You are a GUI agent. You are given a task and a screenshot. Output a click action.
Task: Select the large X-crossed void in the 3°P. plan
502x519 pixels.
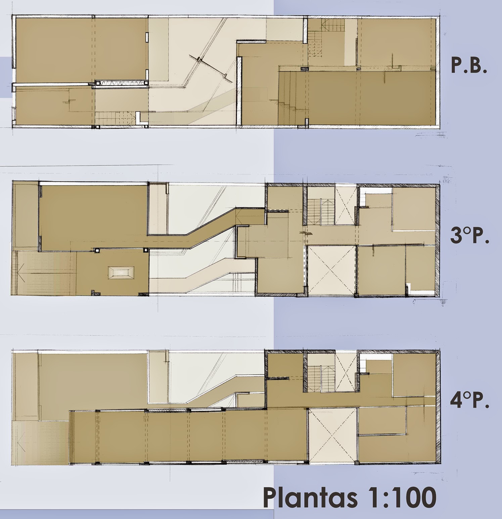(332, 271)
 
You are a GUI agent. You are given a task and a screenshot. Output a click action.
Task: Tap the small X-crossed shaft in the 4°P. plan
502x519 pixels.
(346, 372)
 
